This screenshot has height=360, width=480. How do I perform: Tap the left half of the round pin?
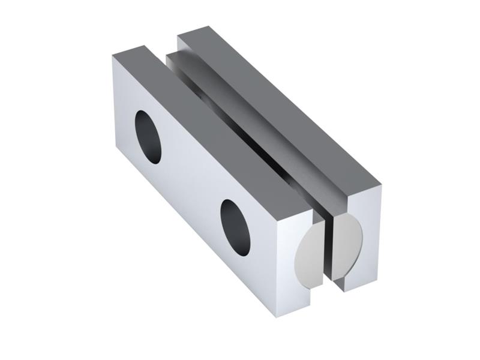312,252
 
